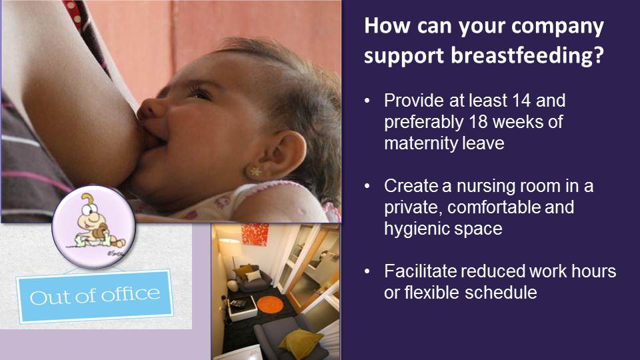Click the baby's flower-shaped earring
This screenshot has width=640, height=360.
[x=255, y=172]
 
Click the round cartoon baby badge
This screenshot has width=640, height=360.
[x=93, y=227]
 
